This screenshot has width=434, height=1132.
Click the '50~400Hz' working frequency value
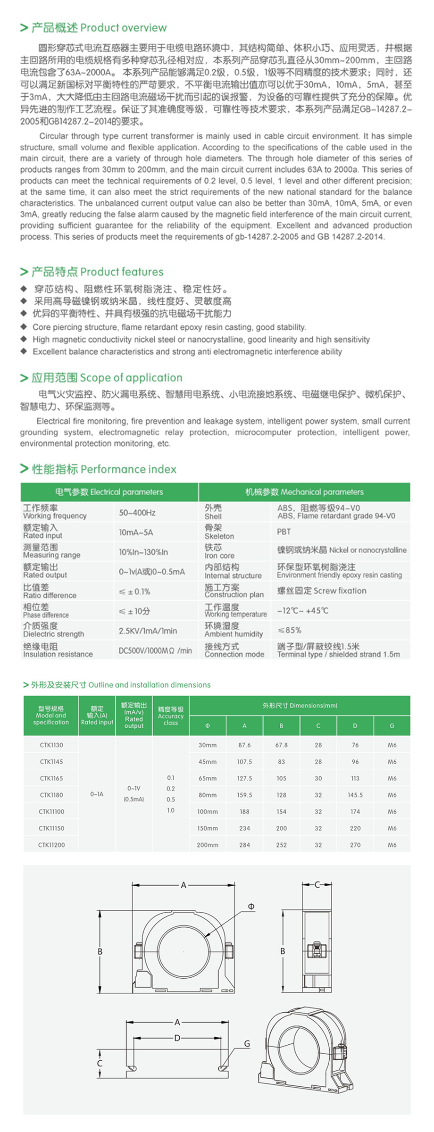click(x=137, y=513)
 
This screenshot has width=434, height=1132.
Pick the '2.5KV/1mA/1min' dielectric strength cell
click(x=148, y=631)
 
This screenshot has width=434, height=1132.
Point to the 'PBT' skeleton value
click(x=284, y=532)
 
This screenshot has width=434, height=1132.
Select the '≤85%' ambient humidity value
click(x=289, y=630)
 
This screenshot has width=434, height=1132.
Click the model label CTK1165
click(x=51, y=778)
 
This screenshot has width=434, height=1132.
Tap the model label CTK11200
click(x=51, y=845)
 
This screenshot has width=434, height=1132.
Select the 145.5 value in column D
click(x=355, y=795)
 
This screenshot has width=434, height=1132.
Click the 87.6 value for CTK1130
click(x=244, y=745)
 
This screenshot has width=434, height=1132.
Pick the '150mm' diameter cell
click(x=208, y=828)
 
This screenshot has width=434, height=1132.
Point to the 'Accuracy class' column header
click(x=171, y=716)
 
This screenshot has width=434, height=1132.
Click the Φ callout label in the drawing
click(x=251, y=907)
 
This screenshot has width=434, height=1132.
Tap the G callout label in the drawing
click(x=247, y=1044)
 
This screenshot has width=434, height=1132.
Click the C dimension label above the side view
click(x=317, y=884)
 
